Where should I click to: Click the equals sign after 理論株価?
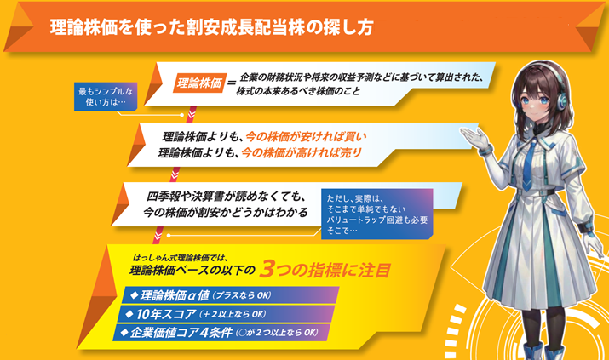tap(231, 83)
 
